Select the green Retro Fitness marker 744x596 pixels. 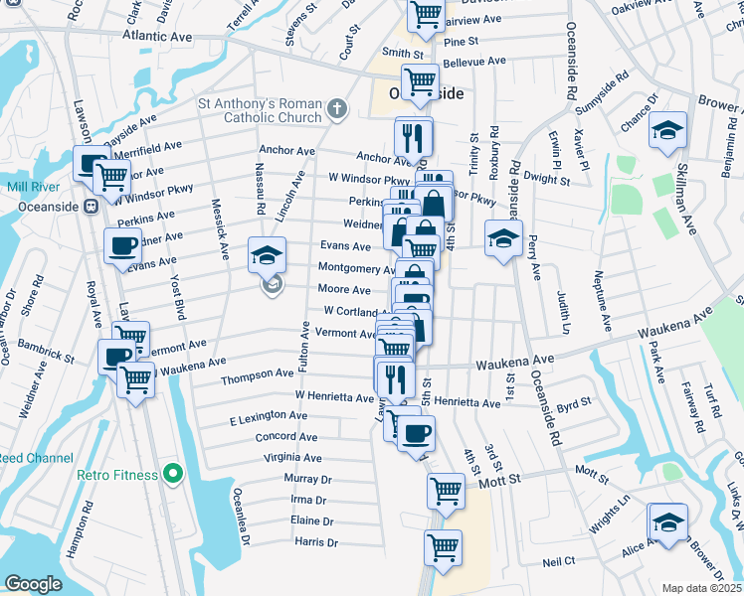173,474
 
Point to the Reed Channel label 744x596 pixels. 35,458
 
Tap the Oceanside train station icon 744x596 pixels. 90,207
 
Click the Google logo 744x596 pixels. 33,584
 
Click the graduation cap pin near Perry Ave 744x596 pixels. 503,238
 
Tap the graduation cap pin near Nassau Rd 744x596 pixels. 267,255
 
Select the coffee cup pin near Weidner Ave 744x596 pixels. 122,246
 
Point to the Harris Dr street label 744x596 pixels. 316,543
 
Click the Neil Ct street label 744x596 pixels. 558,561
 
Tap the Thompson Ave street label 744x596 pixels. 257,373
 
